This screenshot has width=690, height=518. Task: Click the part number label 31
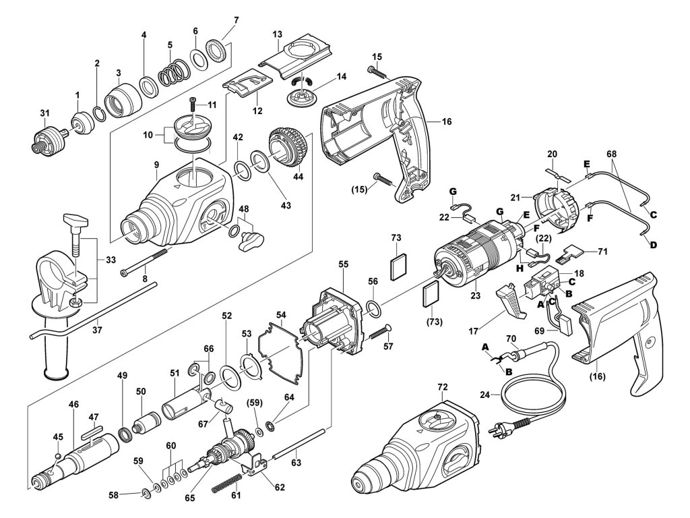(44, 113)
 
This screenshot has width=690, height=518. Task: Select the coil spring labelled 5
(173, 71)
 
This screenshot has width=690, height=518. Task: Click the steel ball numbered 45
(57, 455)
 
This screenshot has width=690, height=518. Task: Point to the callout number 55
(343, 264)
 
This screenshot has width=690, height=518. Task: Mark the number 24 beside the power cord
(484, 395)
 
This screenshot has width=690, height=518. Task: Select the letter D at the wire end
(654, 244)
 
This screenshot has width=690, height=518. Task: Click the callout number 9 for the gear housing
(156, 165)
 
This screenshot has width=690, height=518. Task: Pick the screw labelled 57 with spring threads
(381, 332)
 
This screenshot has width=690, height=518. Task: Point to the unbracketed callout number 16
(447, 121)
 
